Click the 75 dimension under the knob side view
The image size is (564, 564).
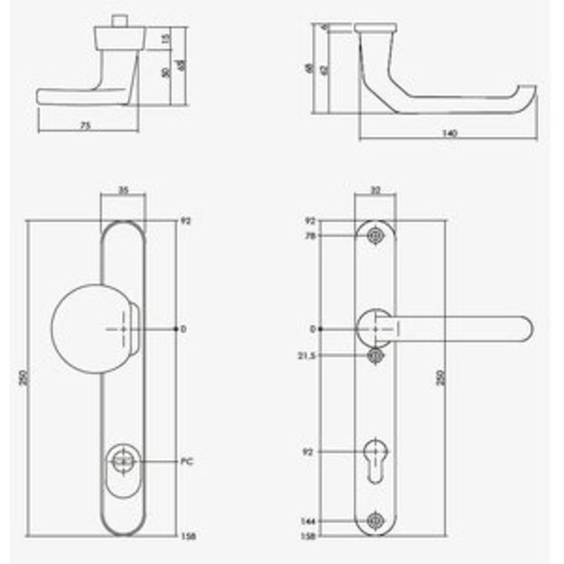85,125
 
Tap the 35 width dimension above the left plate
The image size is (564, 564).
123,191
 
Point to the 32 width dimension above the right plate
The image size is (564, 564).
375,191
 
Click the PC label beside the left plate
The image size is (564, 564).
188,462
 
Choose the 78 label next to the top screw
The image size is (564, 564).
309,235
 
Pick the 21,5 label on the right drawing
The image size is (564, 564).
307,355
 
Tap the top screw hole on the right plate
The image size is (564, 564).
375,235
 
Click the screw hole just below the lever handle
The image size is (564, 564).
375,355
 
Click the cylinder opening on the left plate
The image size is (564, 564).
123,461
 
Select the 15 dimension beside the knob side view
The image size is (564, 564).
166,38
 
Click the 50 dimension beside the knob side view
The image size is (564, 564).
164,74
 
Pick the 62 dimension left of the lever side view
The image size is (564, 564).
324,70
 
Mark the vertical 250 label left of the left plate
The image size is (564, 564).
23,379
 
